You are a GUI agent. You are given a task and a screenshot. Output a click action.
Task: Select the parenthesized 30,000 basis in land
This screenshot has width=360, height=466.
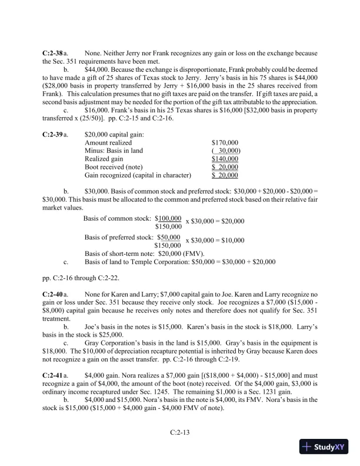coord(225,151)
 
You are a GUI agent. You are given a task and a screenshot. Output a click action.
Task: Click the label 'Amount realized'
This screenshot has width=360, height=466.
coord(108,143)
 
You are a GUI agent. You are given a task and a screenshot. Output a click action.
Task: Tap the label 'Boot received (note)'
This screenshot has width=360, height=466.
coord(115,168)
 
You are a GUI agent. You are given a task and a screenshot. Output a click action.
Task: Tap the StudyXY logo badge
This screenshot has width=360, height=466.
coord(324,447)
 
